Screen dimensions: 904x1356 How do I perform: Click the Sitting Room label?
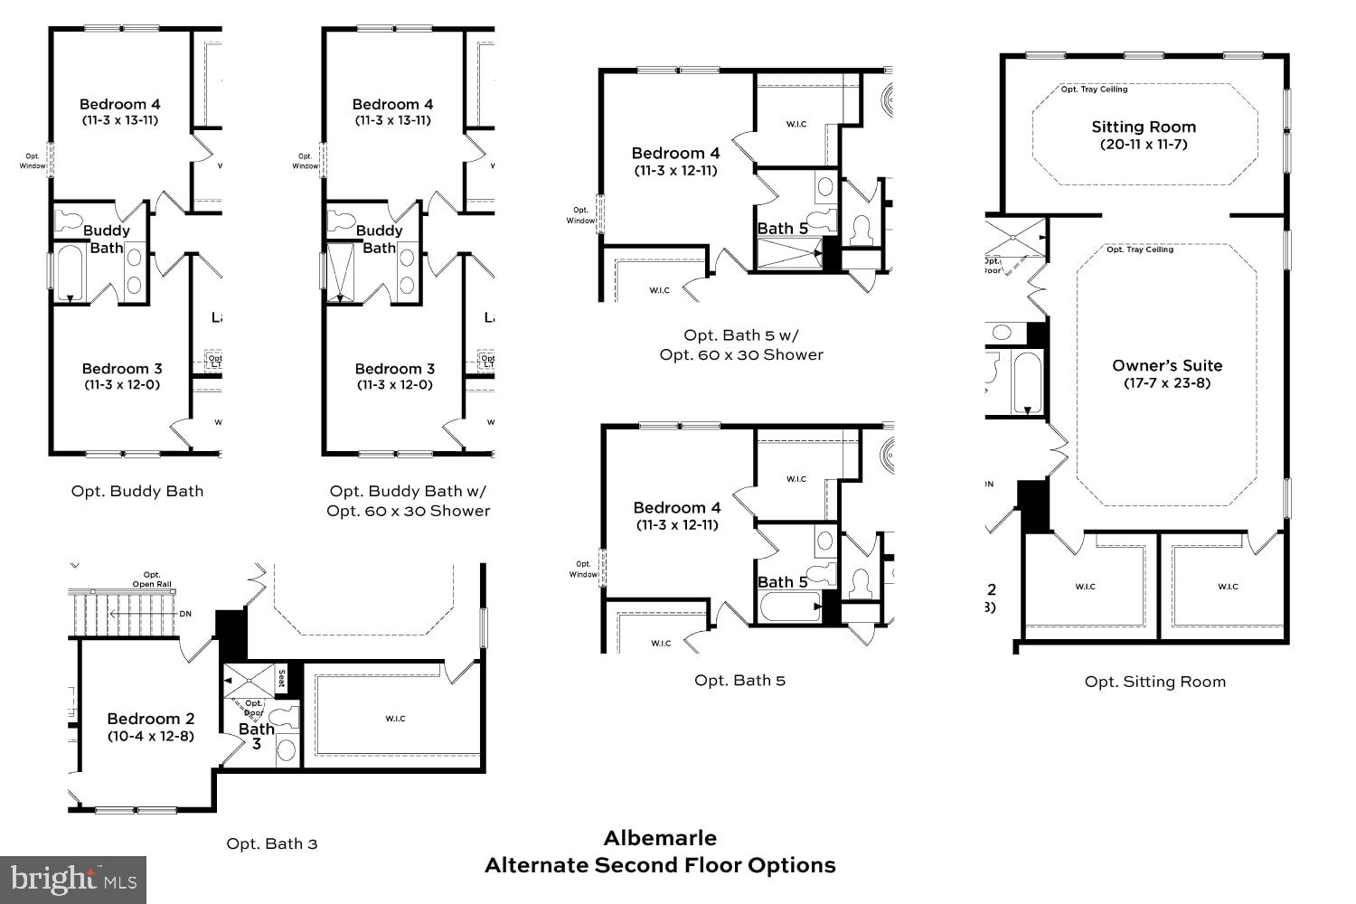click(x=1144, y=127)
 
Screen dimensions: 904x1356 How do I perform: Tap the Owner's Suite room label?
click(x=1167, y=365)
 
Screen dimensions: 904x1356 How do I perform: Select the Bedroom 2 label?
click(x=150, y=719)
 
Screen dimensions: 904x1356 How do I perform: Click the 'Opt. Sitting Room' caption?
click(x=1155, y=682)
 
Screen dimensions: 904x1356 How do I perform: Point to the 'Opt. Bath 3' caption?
click(x=271, y=843)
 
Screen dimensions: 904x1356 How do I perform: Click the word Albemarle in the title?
click(x=660, y=838)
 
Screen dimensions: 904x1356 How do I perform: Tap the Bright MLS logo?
click(x=73, y=880)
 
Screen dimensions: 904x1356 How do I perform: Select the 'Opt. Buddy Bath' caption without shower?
click(x=137, y=491)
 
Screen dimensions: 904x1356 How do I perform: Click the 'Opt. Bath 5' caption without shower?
click(x=739, y=680)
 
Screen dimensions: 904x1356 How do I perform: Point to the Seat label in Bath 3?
click(x=281, y=678)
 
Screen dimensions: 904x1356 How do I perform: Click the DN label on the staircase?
click(x=185, y=614)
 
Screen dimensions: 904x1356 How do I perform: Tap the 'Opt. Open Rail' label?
click(x=152, y=579)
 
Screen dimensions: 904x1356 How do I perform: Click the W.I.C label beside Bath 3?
click(x=395, y=719)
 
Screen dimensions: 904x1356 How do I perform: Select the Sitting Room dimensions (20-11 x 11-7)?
click(x=1144, y=145)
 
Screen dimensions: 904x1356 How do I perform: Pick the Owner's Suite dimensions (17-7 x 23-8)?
click(x=1167, y=383)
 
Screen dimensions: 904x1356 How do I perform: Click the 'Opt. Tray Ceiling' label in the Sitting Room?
click(x=1094, y=89)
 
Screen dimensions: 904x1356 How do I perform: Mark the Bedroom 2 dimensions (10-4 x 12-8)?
click(x=150, y=736)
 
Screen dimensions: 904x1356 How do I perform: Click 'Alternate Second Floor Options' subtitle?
click(x=660, y=865)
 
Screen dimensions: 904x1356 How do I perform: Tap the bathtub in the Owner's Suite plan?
click(x=1027, y=382)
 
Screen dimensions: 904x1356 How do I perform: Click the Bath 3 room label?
click(x=257, y=736)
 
